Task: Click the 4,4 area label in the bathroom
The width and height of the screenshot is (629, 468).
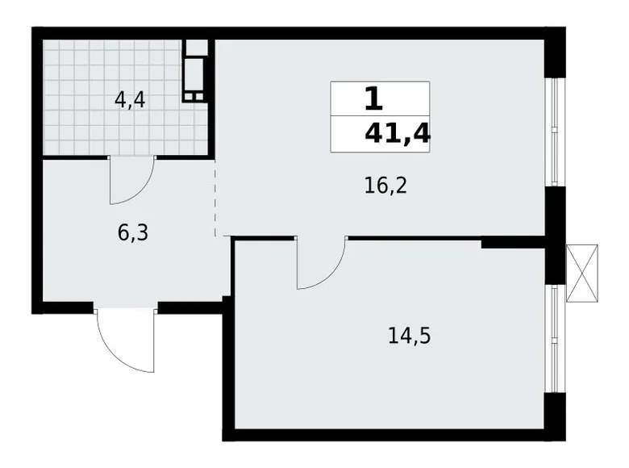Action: [131, 101]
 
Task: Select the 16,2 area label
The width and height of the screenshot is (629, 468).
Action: [385, 186]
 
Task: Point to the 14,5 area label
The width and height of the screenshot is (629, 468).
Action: [409, 334]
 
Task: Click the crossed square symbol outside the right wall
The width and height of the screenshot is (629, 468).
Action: [583, 273]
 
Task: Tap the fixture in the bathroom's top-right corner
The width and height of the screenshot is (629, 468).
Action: [194, 71]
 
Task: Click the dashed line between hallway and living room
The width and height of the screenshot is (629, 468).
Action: [216, 198]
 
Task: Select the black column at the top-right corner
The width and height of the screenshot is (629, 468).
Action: [554, 52]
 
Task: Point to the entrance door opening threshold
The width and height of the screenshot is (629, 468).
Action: [125, 307]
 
